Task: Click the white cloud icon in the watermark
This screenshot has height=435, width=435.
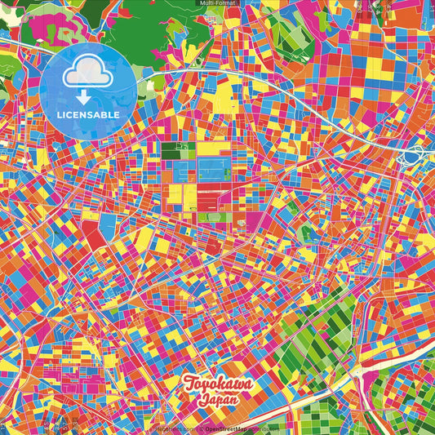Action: [89, 74]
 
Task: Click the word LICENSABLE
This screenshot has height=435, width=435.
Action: [89, 115]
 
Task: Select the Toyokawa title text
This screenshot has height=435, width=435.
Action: [218, 384]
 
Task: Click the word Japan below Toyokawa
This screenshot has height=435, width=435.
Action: [217, 401]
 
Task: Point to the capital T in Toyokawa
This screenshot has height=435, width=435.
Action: [189, 383]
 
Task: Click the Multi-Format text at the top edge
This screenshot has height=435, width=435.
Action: [217, 3]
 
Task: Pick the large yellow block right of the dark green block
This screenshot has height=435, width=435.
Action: [208, 149]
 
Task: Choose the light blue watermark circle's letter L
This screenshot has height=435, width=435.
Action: [60, 115]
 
